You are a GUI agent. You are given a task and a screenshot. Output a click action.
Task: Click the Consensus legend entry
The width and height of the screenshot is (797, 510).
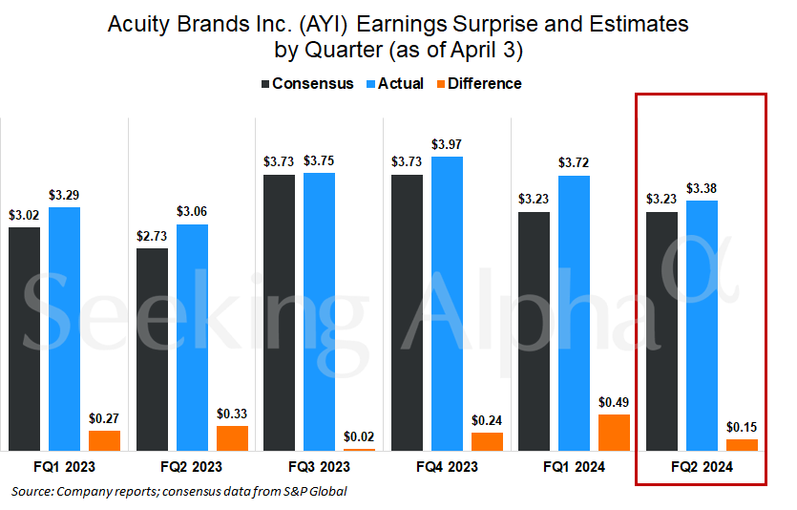pos(306,83)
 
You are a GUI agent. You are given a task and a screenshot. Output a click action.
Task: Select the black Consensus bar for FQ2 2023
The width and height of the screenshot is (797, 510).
pos(152,349)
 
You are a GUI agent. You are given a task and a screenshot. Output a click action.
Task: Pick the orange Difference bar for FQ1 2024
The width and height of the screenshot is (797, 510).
pos(615,432)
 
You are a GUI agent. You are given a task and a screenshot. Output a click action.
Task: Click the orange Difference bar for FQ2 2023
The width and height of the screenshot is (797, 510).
pos(232,437)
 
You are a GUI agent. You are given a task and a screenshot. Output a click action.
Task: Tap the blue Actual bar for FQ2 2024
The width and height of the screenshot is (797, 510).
pos(702,325)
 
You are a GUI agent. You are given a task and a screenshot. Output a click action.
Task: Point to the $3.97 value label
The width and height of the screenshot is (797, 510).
pos(447,144)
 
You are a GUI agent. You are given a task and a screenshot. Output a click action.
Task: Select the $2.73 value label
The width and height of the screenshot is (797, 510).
pos(152,236)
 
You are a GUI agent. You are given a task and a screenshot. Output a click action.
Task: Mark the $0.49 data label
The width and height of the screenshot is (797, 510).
pos(615,402)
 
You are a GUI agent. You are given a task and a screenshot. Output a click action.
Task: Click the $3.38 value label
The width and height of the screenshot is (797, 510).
pos(702,187)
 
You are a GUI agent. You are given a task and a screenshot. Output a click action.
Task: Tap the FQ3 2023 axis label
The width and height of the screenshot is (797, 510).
pos(319,467)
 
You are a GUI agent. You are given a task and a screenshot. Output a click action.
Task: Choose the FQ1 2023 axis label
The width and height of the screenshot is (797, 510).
pos(63,467)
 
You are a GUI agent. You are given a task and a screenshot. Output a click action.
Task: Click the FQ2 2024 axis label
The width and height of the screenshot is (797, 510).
pos(702,467)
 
